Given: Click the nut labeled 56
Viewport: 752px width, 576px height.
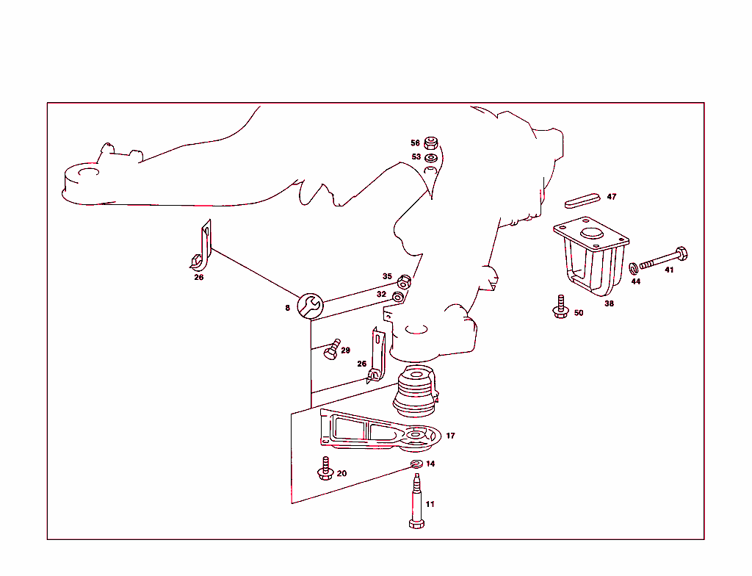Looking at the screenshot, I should click(432, 143).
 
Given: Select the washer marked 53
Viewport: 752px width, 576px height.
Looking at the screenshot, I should click(432, 157).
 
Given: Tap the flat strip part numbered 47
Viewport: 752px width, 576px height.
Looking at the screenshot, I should click(582, 198).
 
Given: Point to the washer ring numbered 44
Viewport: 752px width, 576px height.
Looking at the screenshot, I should click(634, 268).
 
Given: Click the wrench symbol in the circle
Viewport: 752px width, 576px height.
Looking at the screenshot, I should click(310, 306).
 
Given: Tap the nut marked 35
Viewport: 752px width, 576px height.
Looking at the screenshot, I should click(403, 282).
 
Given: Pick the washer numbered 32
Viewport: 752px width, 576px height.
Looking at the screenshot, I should click(397, 296).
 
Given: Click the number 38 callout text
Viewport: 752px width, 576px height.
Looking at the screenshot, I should click(609, 303).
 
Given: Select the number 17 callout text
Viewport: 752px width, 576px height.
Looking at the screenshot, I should click(450, 436).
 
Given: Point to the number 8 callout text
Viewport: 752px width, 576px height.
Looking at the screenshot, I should click(288, 308).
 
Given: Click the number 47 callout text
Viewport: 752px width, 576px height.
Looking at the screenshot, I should click(612, 197).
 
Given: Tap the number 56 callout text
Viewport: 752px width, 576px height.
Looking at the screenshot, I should click(415, 143).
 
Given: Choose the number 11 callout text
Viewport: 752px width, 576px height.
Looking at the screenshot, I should click(430, 504).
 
